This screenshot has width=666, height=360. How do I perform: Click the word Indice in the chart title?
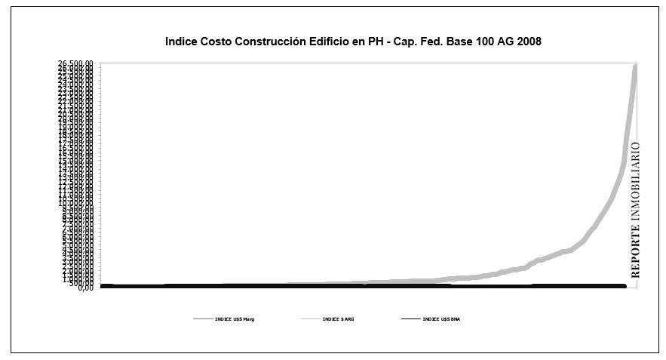coord(181,42)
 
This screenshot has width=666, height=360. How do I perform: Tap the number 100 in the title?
coord(487,42)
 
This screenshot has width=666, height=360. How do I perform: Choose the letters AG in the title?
coord(508,42)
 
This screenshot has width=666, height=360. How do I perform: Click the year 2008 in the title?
coord(530,42)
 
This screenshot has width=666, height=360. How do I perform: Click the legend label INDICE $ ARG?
coord(338,320)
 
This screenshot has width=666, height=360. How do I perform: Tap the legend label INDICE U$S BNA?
coord(441,320)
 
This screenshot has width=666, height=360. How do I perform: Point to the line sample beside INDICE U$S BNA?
coord(410,320)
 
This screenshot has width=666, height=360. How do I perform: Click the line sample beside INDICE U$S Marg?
coord(203,320)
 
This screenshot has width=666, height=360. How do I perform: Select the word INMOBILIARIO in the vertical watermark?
coord(635,181)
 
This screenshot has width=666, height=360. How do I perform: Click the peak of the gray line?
coord(635,66)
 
